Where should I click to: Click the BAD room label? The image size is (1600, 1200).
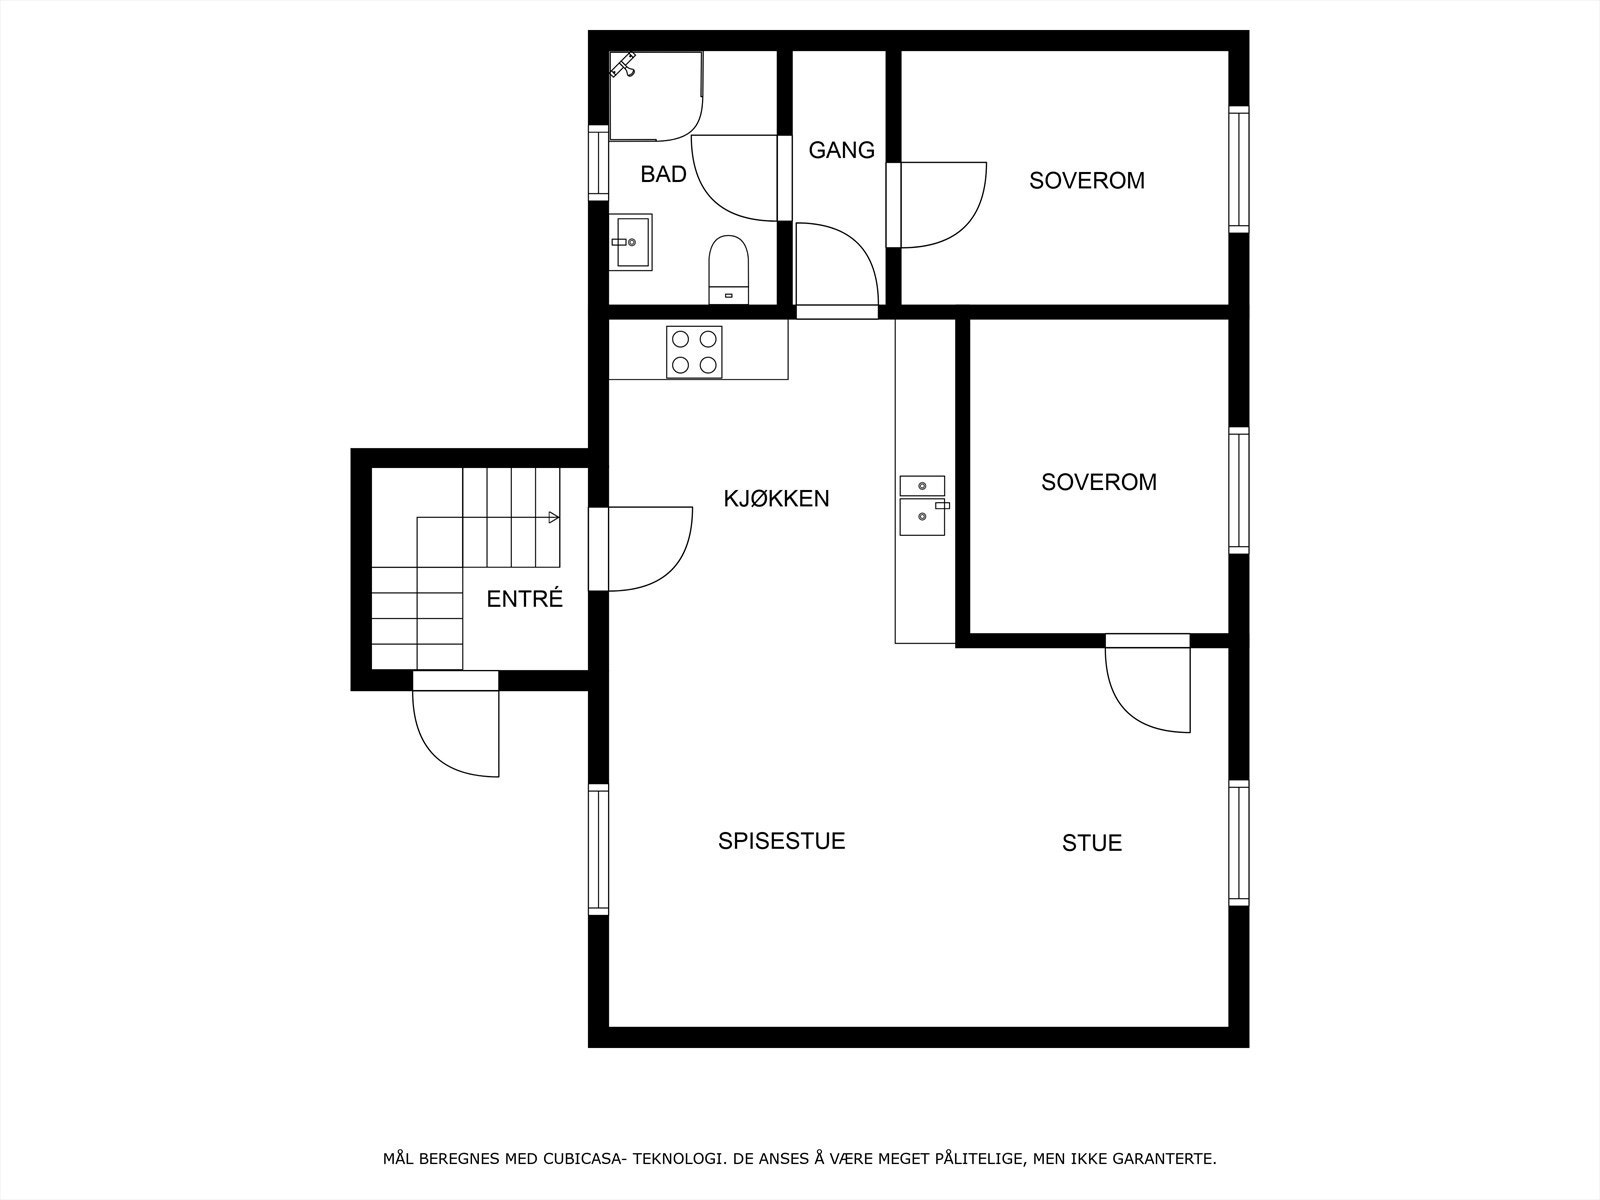click(x=663, y=174)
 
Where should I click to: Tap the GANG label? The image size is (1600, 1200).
click(x=841, y=150)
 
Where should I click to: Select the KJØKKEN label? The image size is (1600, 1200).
click(x=776, y=498)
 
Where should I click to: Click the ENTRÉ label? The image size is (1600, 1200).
click(x=524, y=599)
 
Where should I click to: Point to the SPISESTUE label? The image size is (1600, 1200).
click(x=781, y=841)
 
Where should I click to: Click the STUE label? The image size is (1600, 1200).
click(x=1091, y=843)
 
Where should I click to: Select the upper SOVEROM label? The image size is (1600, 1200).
click(x=1086, y=181)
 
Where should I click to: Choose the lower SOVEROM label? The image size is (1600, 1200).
click(x=1098, y=482)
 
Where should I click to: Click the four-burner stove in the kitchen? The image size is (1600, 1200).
click(x=694, y=352)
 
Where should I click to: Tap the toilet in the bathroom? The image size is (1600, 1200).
click(x=728, y=267)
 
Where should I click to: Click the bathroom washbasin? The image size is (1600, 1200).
click(x=630, y=242)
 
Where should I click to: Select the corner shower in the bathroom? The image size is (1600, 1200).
click(x=650, y=95)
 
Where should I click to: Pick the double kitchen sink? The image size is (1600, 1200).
click(x=922, y=506)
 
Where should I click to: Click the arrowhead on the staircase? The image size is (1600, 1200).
click(x=553, y=517)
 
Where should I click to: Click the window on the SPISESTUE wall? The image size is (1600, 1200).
click(x=598, y=849)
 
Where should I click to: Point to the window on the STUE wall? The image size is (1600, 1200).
click(x=1238, y=843)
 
